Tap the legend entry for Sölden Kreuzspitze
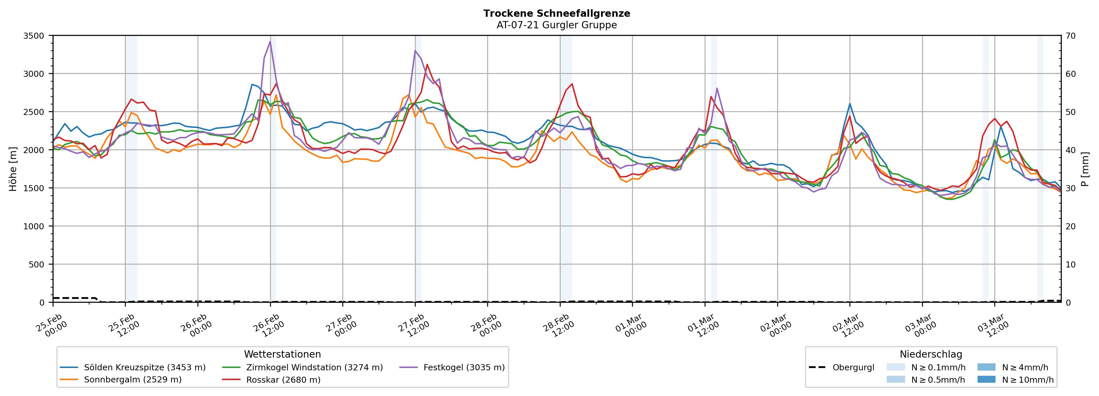[x=144, y=367]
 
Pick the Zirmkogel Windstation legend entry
[x=314, y=367]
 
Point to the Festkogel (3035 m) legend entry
[x=464, y=367]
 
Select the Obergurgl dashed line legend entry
[x=853, y=367]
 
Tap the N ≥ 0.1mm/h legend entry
[x=938, y=367]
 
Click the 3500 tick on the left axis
[x=34, y=36]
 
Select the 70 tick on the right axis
[x=1070, y=36]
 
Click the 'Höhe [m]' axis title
[x=13, y=169]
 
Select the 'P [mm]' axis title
[x=1085, y=169]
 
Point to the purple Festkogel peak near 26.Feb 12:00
[x=270, y=41]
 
